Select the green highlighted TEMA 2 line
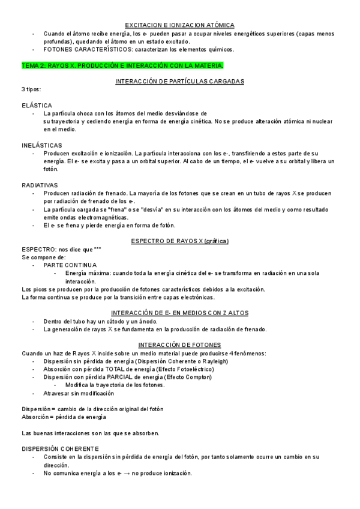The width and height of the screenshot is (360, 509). (122, 65)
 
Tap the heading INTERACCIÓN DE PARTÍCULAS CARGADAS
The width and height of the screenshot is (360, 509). (179, 80)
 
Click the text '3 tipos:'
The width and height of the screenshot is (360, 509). (31, 89)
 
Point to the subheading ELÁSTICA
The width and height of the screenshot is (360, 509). (37, 104)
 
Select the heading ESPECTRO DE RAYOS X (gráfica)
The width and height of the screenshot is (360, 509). (179, 241)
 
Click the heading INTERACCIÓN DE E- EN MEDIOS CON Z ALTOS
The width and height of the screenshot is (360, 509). (179, 313)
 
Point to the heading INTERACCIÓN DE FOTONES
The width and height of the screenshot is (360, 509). (179, 345)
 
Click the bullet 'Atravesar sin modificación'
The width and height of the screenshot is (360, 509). (79, 393)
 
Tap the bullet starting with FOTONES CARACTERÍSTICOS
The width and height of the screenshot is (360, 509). (139, 49)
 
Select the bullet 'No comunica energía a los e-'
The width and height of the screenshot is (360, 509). (118, 473)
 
